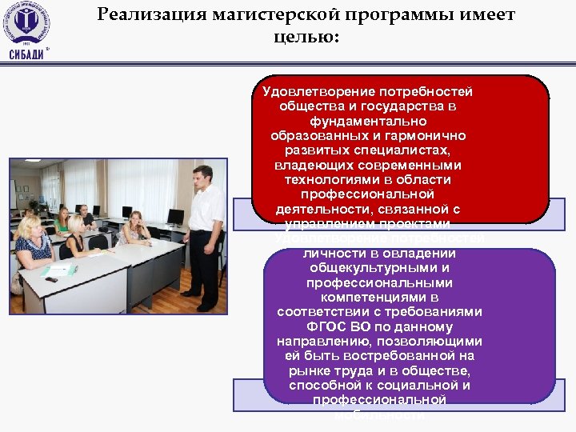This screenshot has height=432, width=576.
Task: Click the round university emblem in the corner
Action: click(x=26, y=23)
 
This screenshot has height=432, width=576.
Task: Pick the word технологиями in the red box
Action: click(x=323, y=180)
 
